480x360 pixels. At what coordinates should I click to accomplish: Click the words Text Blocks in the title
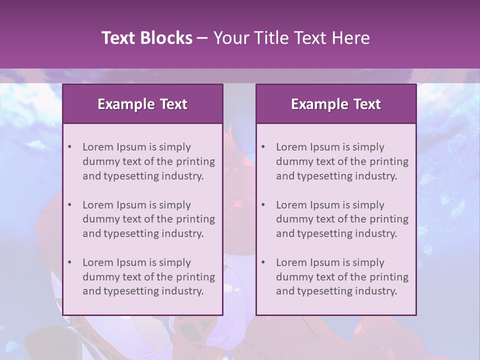pyautogui.click(x=146, y=38)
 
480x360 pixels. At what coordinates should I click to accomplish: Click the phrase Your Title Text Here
pyautogui.click(x=291, y=38)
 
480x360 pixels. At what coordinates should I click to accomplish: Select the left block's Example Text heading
pyautogui.click(x=142, y=104)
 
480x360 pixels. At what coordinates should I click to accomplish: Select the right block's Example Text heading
pyautogui.click(x=336, y=104)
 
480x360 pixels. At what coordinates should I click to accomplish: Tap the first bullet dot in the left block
pyautogui.click(x=70, y=147)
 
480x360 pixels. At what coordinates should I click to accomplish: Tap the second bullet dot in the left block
pyautogui.click(x=70, y=205)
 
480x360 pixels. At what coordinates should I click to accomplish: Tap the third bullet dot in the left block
pyautogui.click(x=70, y=262)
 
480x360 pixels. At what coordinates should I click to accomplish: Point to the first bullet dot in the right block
pyautogui.click(x=263, y=147)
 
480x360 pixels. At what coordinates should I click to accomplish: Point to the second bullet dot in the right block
pyautogui.click(x=263, y=205)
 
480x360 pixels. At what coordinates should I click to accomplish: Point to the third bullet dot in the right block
pyautogui.click(x=263, y=262)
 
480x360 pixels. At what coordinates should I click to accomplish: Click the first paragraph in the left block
pyautogui.click(x=148, y=161)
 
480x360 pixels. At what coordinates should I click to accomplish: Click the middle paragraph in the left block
pyautogui.click(x=148, y=219)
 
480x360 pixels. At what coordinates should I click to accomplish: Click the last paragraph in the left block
pyautogui.click(x=148, y=277)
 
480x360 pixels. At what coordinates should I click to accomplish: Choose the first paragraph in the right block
pyautogui.click(x=342, y=161)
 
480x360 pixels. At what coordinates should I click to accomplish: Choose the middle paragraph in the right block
pyautogui.click(x=342, y=219)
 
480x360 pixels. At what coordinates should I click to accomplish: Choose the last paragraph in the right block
pyautogui.click(x=342, y=277)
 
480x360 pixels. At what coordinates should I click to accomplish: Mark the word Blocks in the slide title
pyautogui.click(x=167, y=38)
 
